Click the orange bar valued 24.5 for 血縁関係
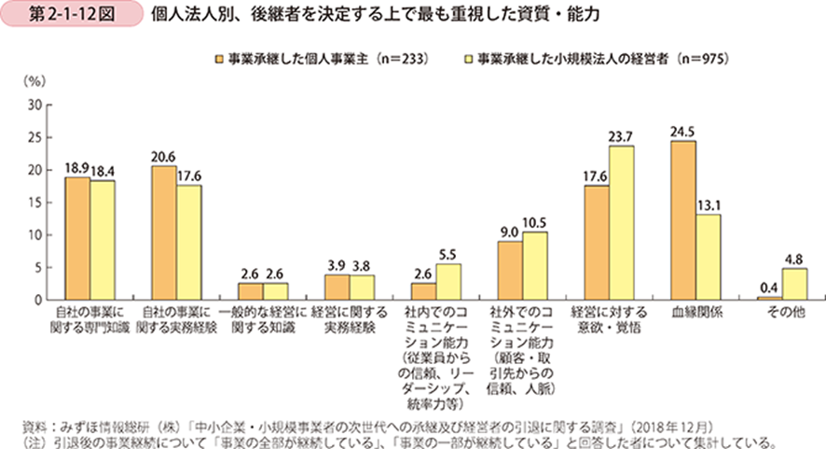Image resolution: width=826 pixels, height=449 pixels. [x=682, y=220]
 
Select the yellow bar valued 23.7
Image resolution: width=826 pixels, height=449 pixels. [x=621, y=223]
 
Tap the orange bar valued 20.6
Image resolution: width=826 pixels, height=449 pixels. [x=163, y=233]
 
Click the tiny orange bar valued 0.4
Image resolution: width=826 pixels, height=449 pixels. [x=769, y=299]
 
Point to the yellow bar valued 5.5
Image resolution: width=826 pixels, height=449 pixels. [x=447, y=282]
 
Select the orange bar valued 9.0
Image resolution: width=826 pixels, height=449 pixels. [x=509, y=271]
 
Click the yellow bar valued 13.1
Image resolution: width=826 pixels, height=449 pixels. [x=707, y=258]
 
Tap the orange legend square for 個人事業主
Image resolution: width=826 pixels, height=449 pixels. [x=217, y=59]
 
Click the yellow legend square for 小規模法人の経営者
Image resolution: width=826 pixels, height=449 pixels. [x=470, y=59]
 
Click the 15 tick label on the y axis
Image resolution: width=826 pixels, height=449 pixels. [x=34, y=203]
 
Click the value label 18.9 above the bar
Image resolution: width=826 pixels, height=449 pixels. [x=76, y=169]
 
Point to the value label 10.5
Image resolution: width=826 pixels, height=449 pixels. [x=534, y=224]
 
